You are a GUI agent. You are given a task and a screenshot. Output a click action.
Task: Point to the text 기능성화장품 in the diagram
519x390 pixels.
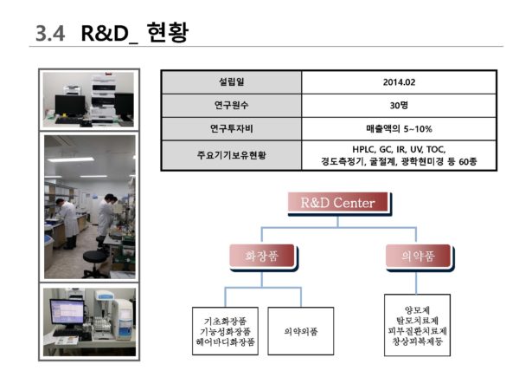click(x=225, y=331)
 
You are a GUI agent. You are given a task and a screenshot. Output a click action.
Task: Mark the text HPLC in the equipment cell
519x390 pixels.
click(x=356, y=149)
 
